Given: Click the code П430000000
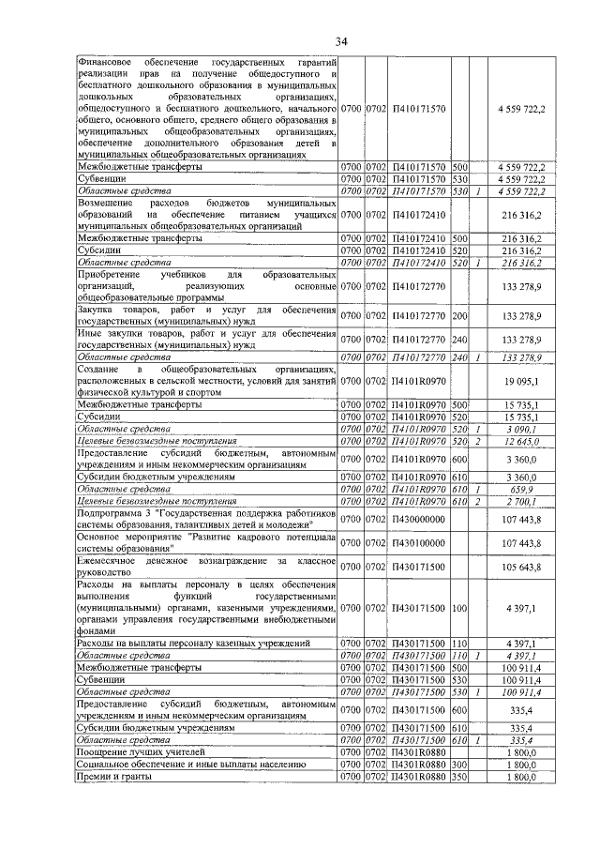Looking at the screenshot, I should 418,518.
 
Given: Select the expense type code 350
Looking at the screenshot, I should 459,777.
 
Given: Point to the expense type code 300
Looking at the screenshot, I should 459,765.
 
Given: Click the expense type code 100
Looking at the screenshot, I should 459,609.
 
